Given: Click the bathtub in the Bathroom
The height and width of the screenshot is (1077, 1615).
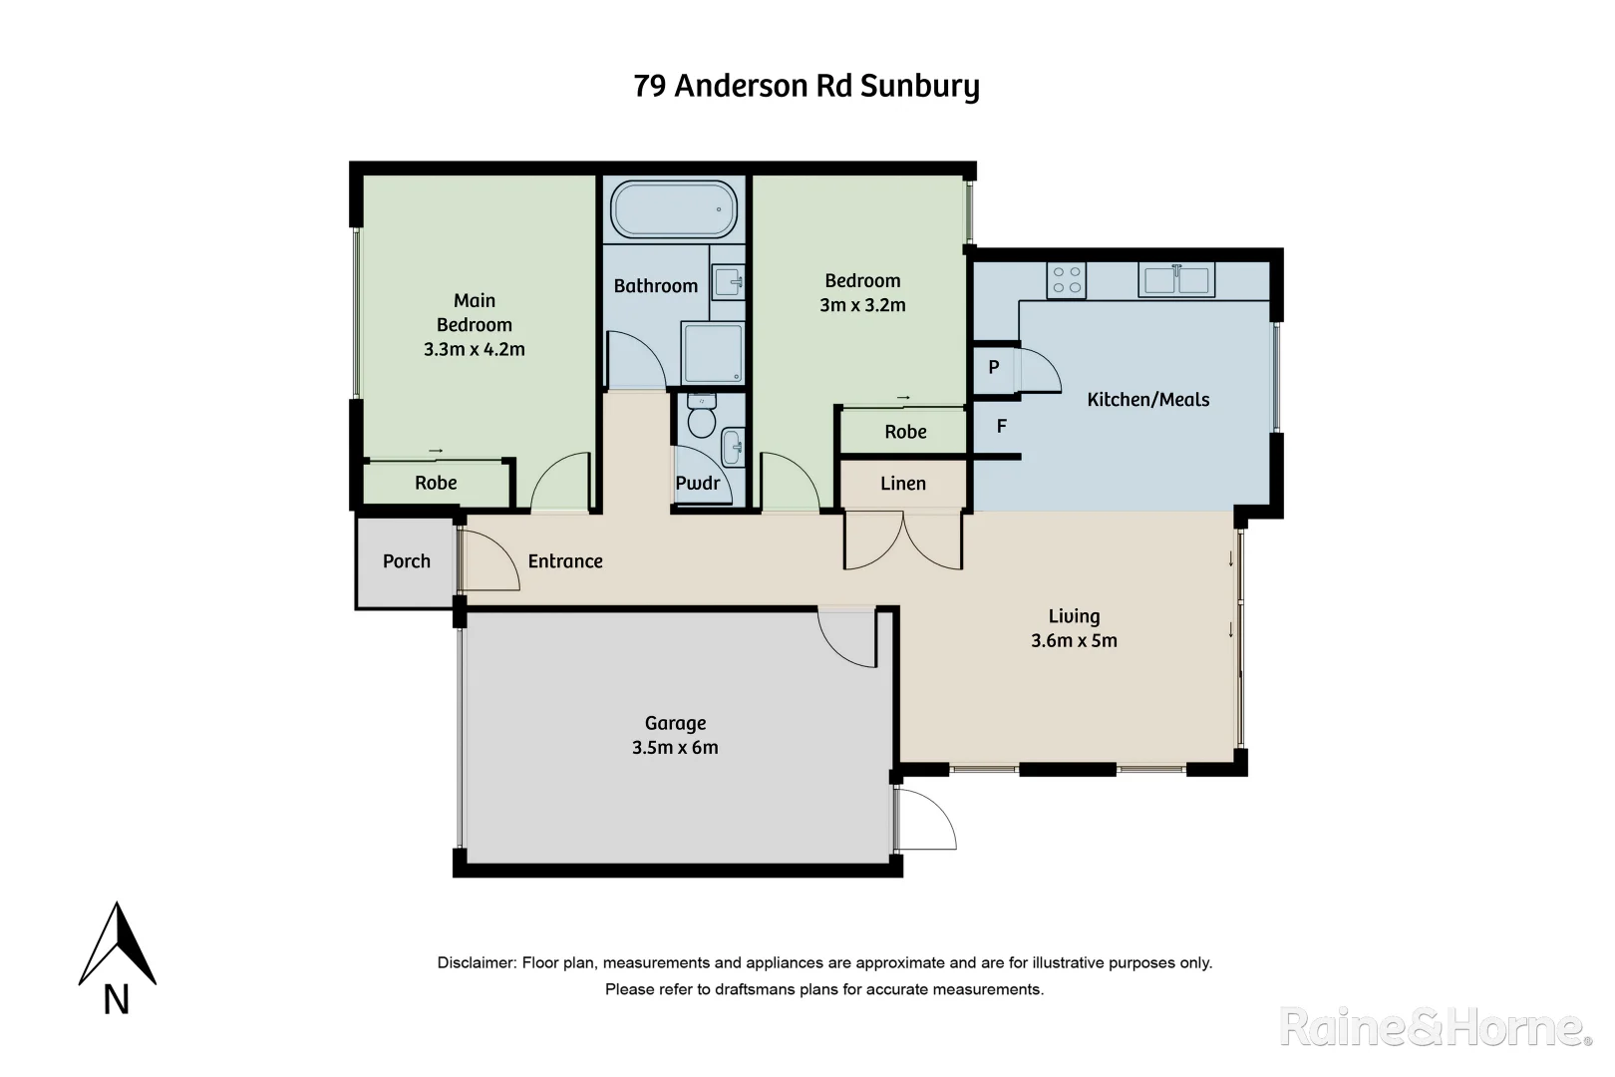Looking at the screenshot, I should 674,209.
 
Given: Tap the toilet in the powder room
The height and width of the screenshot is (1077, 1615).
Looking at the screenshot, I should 702,419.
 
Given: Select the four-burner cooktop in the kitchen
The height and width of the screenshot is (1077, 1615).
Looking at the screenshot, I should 1066,280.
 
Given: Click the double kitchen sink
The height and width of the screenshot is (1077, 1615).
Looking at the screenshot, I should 1176,279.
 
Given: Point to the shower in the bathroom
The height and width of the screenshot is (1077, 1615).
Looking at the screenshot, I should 713,353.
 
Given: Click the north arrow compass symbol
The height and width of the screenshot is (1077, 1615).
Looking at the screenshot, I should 118,947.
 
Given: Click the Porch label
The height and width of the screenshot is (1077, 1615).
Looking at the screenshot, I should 407,561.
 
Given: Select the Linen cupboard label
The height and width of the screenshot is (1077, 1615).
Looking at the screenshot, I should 903,484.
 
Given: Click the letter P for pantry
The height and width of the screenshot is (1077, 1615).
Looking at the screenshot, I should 994,367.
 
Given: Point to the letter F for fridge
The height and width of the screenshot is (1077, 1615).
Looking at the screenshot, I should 1002,427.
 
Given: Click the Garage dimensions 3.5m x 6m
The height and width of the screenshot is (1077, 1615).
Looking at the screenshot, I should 675,748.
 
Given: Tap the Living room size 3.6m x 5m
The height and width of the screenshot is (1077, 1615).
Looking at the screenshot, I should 1074,641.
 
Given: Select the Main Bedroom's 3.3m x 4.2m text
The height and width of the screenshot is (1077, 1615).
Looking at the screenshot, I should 475,349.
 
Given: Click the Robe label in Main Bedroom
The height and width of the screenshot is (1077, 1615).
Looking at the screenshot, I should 436,484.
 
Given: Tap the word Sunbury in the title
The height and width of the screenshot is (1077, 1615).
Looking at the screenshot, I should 919,87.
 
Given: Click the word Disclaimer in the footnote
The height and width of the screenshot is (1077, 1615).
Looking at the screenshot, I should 477,963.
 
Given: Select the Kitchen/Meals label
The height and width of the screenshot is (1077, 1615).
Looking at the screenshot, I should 1147,400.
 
